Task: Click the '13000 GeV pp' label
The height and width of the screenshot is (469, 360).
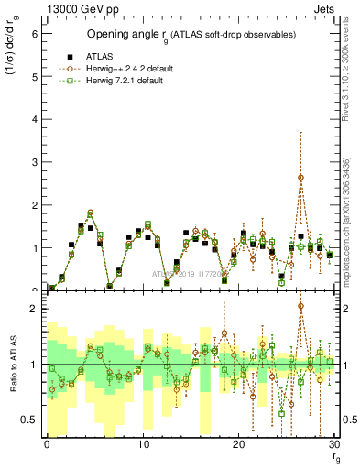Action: [x=77, y=8]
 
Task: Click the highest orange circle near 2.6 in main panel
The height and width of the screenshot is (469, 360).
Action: [x=300, y=178]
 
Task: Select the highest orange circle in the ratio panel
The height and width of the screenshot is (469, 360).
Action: [x=300, y=306]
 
